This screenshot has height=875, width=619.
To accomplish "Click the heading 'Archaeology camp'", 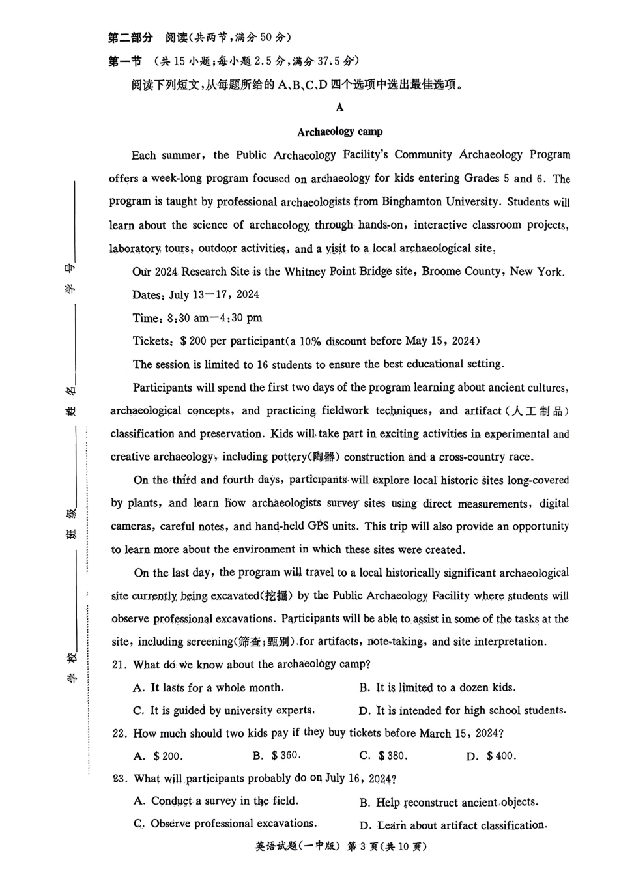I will pyautogui.click(x=339, y=132).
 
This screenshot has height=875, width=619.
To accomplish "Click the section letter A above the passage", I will pyautogui.click(x=339, y=108).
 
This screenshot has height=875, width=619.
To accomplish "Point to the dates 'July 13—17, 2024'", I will pyautogui.click(x=214, y=294).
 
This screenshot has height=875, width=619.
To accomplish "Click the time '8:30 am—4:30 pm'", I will pyautogui.click(x=214, y=318).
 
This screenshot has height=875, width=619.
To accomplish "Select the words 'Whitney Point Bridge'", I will pyautogui.click(x=338, y=272).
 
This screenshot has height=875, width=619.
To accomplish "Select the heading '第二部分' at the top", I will pyautogui.click(x=130, y=37).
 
